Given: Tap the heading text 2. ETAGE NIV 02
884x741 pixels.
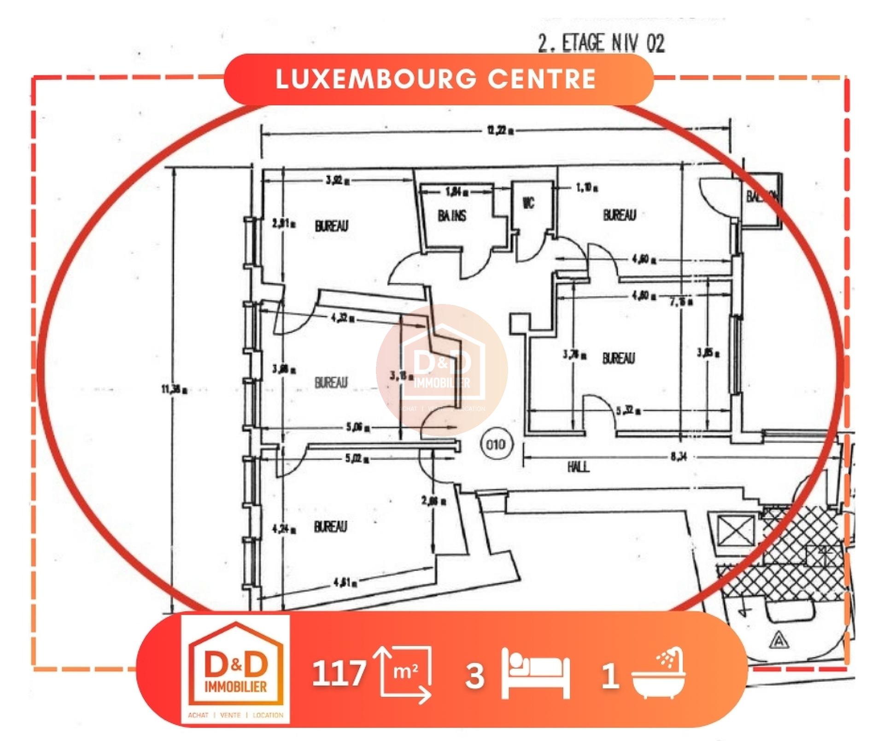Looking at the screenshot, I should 601,44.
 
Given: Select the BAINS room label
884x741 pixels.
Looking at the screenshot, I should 451,216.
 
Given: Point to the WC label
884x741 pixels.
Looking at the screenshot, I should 528,203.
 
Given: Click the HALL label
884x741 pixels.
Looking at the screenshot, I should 578,467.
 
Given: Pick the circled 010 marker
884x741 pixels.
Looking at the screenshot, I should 495,444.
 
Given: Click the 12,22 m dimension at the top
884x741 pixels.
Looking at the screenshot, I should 500,130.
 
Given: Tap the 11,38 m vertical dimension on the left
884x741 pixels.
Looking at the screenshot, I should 174,390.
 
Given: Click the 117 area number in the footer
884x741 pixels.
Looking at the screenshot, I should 339,673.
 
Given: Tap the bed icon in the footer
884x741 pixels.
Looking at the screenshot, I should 536,673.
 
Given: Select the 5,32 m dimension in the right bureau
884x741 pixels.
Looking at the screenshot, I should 628,410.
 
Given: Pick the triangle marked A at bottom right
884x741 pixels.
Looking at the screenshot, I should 779,640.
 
